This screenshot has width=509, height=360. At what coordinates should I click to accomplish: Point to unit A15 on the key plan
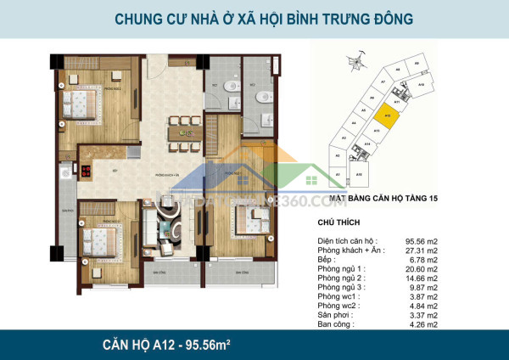[x=360, y=174]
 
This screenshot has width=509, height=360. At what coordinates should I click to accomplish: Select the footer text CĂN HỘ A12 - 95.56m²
[x=164, y=345]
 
